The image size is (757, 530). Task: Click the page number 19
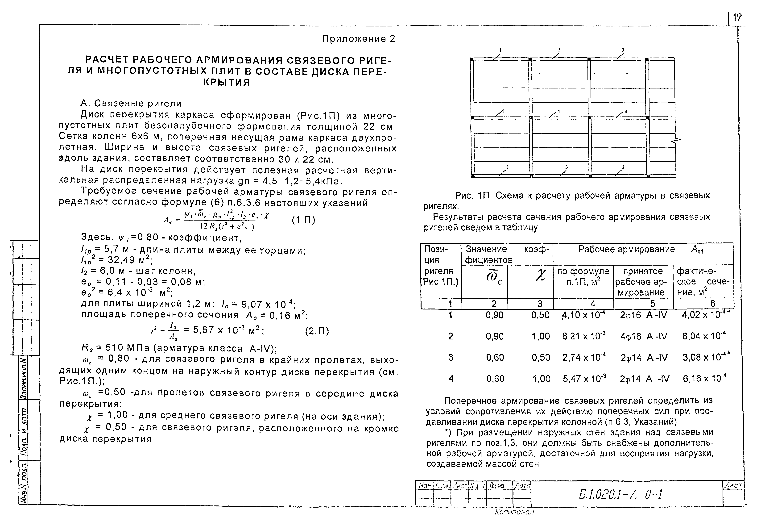[x=737, y=17]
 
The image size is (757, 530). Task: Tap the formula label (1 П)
[x=303, y=220]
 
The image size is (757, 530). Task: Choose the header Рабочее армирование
[x=626, y=249]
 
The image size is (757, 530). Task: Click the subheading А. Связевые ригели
[x=131, y=104]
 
